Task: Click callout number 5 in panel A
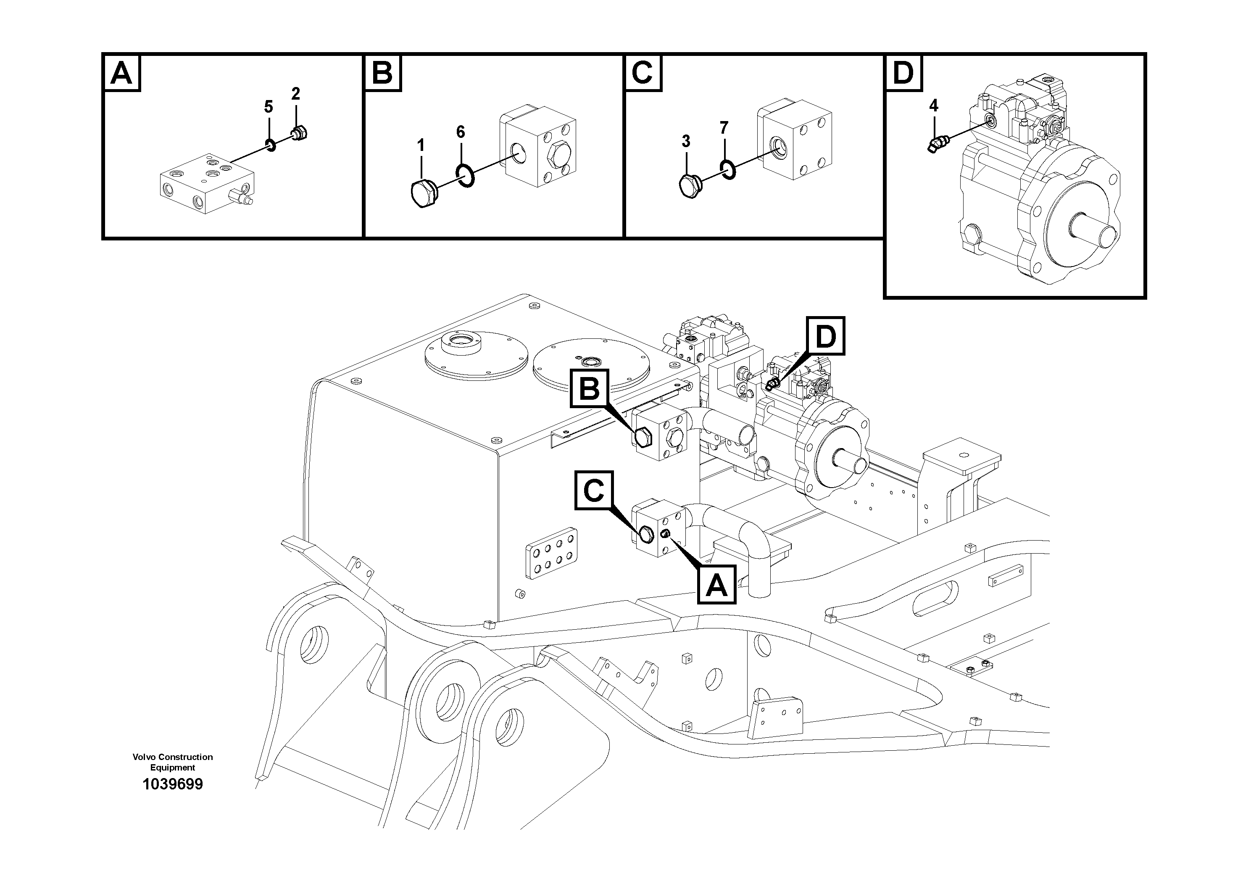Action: pos(269,107)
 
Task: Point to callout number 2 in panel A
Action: pos(296,94)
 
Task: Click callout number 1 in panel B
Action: pos(421,145)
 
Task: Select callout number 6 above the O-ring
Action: pos(461,132)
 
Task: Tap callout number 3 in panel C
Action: pos(685,141)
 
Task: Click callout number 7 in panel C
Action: pos(724,128)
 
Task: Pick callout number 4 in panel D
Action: pos(934,106)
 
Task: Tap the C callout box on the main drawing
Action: pos(593,491)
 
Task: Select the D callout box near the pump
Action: pos(825,336)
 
